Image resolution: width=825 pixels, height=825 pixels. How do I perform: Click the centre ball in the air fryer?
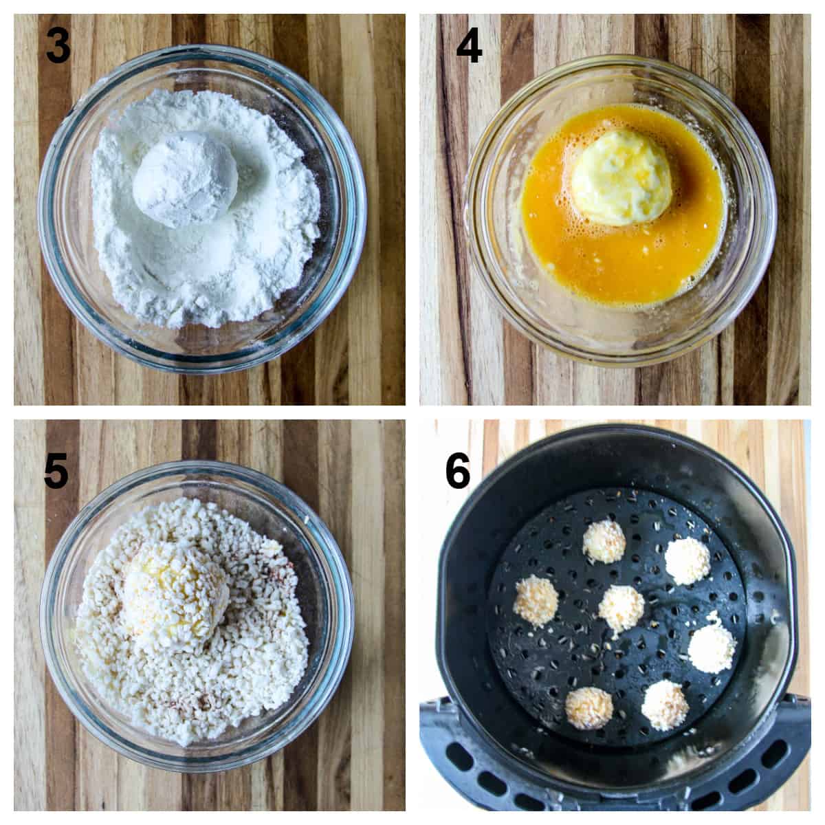[x=621, y=607]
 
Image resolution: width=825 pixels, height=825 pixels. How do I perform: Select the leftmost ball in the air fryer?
[x=535, y=600]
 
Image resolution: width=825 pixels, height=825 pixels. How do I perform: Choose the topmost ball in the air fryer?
[x=604, y=540]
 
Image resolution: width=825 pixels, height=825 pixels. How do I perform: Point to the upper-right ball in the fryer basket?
[x=687, y=560]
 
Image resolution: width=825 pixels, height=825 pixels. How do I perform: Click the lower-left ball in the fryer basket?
[x=590, y=708]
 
